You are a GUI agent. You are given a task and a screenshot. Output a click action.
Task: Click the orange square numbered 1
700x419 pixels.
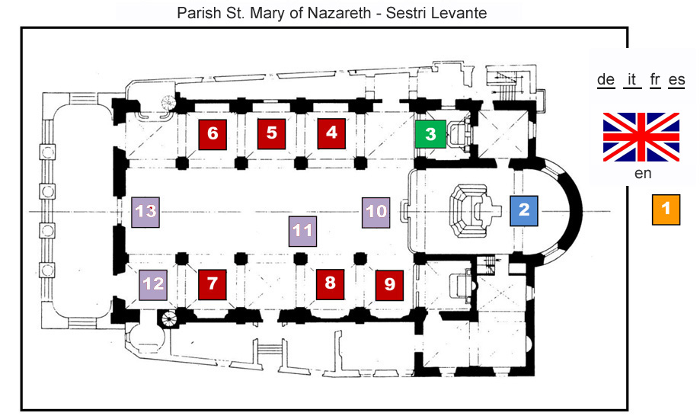pos(666,209)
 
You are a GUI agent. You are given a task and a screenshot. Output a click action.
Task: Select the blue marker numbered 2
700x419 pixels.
pos(523,211)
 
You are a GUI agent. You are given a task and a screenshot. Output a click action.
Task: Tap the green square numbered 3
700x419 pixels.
pos(430,134)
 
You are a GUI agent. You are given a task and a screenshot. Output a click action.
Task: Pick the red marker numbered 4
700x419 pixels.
pos(331,133)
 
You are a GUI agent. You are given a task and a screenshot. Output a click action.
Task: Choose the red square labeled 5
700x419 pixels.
pos(271,134)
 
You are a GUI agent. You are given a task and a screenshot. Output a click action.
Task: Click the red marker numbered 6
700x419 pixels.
pos(213,134)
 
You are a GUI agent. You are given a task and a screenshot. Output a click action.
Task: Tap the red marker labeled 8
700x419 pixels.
pos(330,284)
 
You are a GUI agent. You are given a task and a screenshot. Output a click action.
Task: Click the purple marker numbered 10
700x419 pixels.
pos(376,213)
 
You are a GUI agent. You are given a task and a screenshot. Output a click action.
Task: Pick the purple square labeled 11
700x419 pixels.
pos(302,232)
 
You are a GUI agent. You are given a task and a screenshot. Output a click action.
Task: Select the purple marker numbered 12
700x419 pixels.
pos(153,285)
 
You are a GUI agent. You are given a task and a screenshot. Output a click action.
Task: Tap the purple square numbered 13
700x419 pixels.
pos(145,213)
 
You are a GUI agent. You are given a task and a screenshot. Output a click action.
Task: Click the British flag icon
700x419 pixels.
pos(641,137)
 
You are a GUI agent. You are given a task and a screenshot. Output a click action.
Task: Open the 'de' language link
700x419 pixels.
pos(606,80)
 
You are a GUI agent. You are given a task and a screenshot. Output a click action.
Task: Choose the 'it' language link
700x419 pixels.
pos(631,80)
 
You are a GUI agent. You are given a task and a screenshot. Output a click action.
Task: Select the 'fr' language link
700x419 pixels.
pos(655,80)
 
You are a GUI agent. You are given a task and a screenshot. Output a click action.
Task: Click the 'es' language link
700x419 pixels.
pos(677,80)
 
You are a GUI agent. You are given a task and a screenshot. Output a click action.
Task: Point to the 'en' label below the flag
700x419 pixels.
pos(643,174)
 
